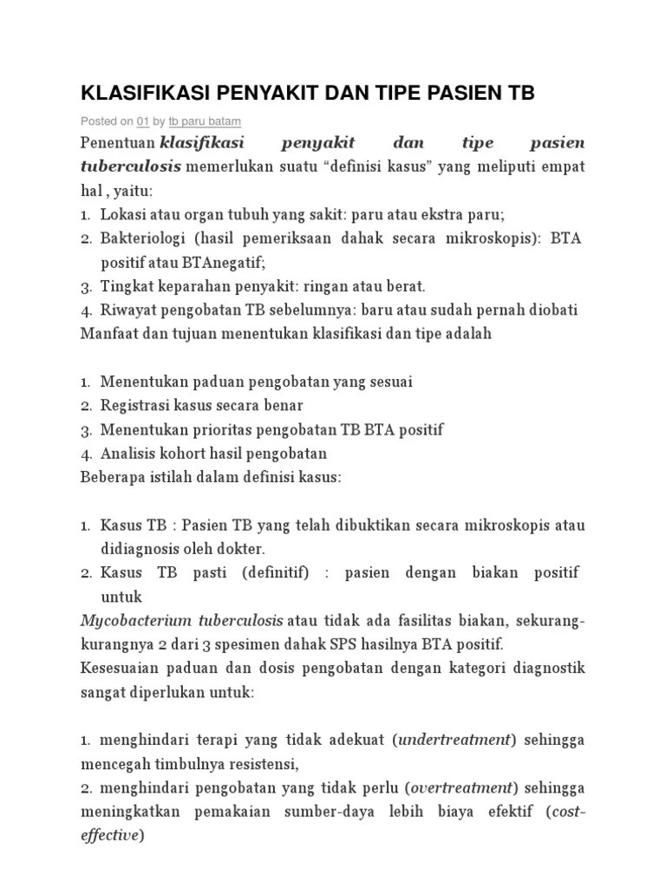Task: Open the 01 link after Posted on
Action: click(x=144, y=121)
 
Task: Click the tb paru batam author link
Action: click(x=205, y=121)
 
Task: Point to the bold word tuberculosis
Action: click(x=131, y=166)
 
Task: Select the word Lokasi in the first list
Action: click(x=123, y=213)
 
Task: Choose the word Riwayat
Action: click(x=127, y=310)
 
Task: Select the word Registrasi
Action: click(x=137, y=405)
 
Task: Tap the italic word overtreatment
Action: click(x=461, y=788)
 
